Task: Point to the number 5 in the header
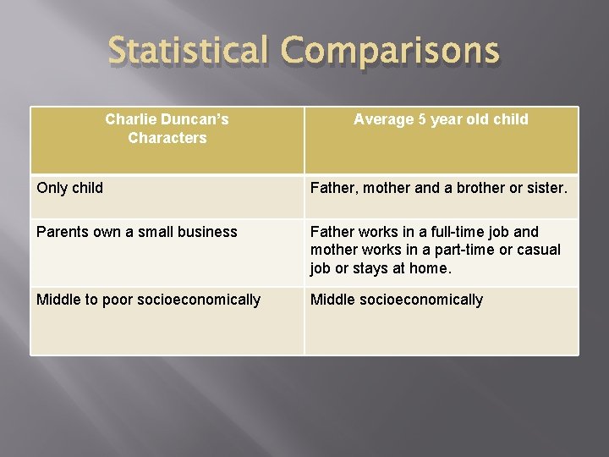(x=421, y=119)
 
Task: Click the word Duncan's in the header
(x=194, y=119)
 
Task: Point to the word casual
(x=539, y=250)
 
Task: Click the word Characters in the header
(x=167, y=138)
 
